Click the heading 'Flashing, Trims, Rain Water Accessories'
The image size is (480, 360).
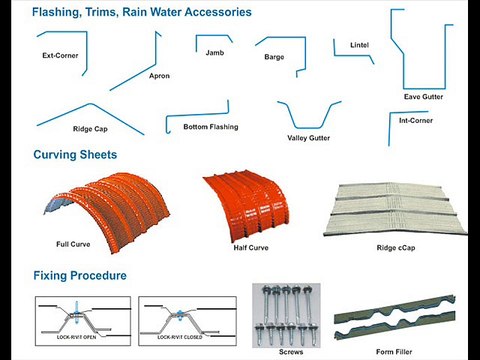tap(141, 13)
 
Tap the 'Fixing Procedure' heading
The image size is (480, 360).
tap(80, 274)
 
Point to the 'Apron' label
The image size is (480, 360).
tap(159, 76)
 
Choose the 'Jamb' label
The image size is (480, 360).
tap(214, 51)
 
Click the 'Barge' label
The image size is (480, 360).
tap(274, 57)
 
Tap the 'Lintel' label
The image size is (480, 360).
tap(360, 45)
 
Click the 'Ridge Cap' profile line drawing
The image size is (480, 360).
tap(80, 111)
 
